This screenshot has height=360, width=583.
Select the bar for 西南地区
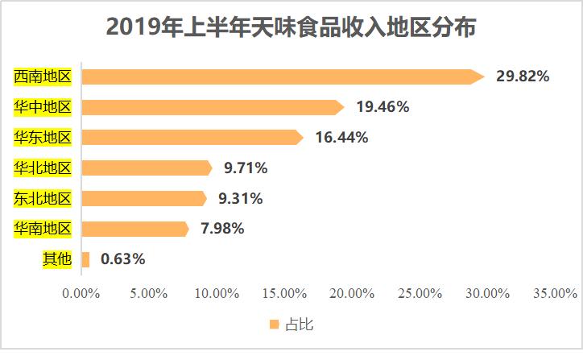point(282,77)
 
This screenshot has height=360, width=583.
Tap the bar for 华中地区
point(213,107)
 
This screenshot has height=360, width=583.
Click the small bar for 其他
point(85,259)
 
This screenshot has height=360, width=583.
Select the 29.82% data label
point(523,77)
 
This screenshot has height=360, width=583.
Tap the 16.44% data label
point(341,138)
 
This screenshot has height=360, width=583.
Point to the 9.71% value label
point(246,168)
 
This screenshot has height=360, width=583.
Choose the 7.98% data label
point(222,229)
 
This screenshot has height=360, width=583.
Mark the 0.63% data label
point(123,259)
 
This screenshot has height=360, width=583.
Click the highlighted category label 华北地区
point(43,168)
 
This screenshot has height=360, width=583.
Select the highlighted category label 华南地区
point(43,229)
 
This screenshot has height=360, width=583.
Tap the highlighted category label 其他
point(57,259)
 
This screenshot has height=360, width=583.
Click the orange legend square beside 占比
point(274,325)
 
